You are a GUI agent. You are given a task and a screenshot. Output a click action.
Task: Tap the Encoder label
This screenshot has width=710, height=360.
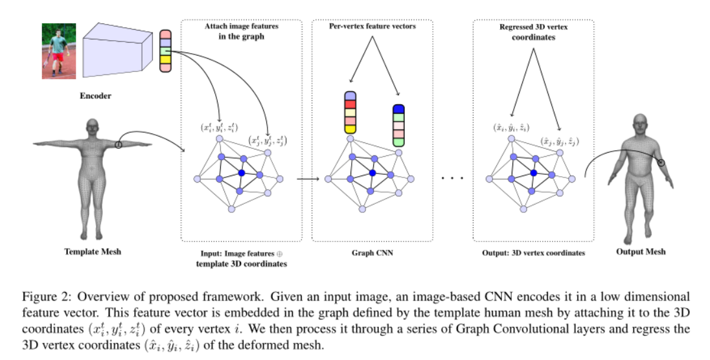[x=95, y=96]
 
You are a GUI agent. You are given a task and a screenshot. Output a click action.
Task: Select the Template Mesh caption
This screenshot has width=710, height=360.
[x=92, y=251]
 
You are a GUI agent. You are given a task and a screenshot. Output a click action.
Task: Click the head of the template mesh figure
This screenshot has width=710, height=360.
[x=92, y=128]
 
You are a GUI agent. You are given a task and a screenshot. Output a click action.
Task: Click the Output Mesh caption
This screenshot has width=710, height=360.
[x=640, y=251]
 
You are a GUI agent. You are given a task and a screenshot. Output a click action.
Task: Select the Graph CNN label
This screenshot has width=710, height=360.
[x=372, y=253]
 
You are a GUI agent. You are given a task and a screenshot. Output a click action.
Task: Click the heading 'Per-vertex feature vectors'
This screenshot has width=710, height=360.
[x=372, y=27]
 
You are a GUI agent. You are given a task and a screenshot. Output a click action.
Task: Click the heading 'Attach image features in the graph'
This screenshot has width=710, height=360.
[x=239, y=32]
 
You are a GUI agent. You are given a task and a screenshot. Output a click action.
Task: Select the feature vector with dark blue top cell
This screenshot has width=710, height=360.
[x=398, y=124]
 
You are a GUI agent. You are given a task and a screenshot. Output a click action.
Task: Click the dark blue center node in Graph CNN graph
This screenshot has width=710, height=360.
[x=372, y=173]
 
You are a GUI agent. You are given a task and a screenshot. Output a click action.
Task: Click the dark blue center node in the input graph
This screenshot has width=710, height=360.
[x=241, y=173]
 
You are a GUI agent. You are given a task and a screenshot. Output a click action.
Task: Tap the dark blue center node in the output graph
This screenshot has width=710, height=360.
[x=532, y=173]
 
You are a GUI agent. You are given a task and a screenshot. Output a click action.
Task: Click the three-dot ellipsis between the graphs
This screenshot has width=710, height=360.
[x=453, y=177]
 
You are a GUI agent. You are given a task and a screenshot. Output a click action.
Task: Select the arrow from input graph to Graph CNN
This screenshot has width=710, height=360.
[x=308, y=179]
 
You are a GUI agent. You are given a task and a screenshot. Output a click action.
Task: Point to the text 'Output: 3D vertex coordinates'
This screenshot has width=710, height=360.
[x=534, y=253]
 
